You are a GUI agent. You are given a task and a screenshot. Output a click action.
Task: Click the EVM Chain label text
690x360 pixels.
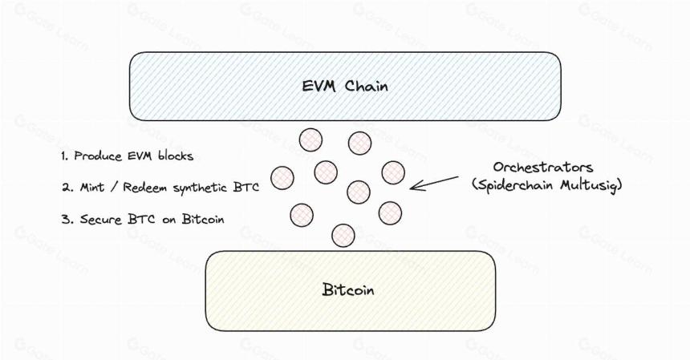tap(345, 86)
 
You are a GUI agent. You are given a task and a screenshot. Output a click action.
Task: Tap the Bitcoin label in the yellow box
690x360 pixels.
tap(348, 289)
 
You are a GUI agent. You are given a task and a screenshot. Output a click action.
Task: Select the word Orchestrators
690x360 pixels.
tap(543, 167)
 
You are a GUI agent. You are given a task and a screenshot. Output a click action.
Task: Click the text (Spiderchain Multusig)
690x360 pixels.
tap(547, 185)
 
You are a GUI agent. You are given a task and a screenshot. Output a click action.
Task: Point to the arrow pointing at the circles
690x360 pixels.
tap(434, 184)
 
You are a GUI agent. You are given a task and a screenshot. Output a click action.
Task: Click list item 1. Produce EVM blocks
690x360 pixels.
tap(128, 156)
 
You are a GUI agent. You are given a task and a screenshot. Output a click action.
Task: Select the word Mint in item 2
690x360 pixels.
tap(92, 188)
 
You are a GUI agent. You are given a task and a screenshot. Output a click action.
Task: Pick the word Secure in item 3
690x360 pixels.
tap(101, 219)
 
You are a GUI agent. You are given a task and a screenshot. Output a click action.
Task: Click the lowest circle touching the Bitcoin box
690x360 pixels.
tap(343, 235)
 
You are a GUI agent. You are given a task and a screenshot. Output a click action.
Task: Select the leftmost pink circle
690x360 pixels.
tap(282, 178)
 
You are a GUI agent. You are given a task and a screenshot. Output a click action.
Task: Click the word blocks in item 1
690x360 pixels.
tap(175, 156)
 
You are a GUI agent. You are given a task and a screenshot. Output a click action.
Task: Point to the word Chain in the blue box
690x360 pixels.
tap(366, 86)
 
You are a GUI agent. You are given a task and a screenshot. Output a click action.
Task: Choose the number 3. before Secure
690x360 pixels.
tap(67, 219)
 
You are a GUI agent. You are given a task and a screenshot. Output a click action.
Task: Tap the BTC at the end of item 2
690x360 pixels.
tap(246, 188)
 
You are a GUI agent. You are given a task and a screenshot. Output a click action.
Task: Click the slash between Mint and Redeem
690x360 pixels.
tap(114, 188)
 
